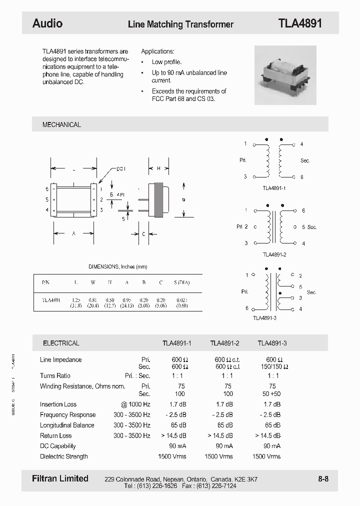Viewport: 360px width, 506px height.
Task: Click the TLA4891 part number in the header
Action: (299, 23)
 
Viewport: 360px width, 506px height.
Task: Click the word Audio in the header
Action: (47, 23)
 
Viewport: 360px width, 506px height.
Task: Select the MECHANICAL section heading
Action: (61, 124)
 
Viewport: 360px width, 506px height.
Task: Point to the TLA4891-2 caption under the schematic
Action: (274, 254)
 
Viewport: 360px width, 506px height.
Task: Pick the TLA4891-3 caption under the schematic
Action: (264, 318)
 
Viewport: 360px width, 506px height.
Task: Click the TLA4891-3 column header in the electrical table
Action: (272, 343)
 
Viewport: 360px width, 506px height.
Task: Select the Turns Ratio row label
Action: (55, 375)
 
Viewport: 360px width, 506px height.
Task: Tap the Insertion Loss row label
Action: (58, 404)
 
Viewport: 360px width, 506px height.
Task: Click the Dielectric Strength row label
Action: (63, 456)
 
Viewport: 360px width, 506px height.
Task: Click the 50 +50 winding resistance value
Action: (272, 393)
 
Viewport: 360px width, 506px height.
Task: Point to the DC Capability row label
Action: (57, 446)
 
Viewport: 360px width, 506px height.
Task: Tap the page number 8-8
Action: (323, 479)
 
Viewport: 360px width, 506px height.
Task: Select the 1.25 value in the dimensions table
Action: (76, 300)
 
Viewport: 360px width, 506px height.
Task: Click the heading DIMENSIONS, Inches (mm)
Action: (118, 267)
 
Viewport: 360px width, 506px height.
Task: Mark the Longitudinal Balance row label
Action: (67, 425)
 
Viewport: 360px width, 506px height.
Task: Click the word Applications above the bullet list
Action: (157, 51)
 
